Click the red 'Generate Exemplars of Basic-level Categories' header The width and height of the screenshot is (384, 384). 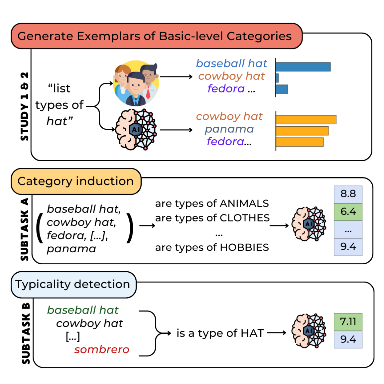pyautogui.click(x=156, y=36)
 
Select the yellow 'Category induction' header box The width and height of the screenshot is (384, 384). pyautogui.click(x=76, y=181)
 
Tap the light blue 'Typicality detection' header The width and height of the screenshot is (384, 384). pyautogui.click(x=73, y=284)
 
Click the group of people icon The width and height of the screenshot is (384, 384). pyautogui.click(x=136, y=83)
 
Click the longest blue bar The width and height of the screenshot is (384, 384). pyautogui.click(x=303, y=67)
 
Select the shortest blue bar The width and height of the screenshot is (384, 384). pyautogui.click(x=277, y=78)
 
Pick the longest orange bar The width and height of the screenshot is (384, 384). pyautogui.click(x=306, y=120)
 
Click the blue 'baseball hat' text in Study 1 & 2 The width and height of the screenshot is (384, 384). pyautogui.click(x=231, y=63)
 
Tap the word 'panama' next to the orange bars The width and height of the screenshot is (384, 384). pyautogui.click(x=229, y=129)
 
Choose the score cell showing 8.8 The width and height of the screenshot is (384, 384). pyautogui.click(x=348, y=194)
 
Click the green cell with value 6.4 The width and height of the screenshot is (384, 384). pyautogui.click(x=348, y=211)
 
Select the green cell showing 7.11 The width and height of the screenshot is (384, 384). pyautogui.click(x=348, y=321)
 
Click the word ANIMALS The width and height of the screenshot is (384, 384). pyautogui.click(x=244, y=203)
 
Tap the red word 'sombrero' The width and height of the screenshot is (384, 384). pyautogui.click(x=102, y=349)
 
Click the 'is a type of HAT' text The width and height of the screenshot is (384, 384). pyautogui.click(x=220, y=333)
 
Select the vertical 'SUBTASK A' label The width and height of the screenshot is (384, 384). pyautogui.click(x=25, y=229)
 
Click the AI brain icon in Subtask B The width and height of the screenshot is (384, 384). pyautogui.click(x=309, y=331)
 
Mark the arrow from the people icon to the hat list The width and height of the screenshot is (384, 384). pyautogui.click(x=176, y=77)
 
